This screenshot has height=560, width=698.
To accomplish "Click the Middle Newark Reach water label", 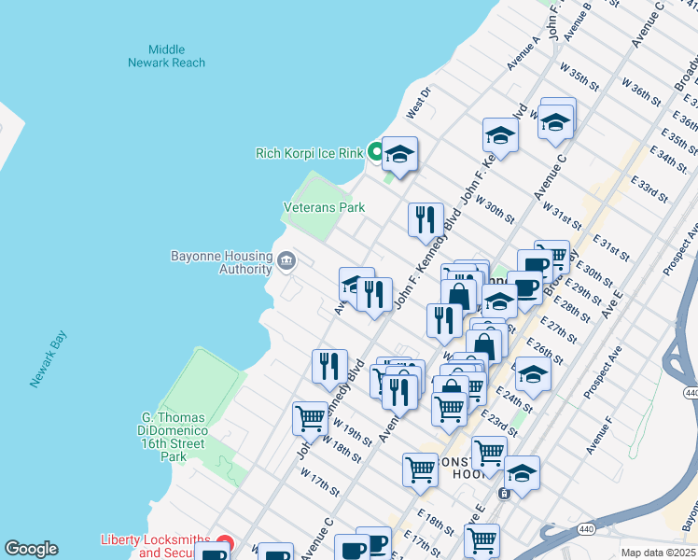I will (166, 56).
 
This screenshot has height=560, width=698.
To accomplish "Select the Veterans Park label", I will (324, 207).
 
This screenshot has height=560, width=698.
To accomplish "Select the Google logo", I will (31, 549).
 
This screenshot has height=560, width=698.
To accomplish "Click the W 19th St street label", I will (345, 432).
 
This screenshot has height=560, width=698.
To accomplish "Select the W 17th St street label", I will (320, 484).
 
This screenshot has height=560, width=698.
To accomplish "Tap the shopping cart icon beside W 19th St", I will (310, 418).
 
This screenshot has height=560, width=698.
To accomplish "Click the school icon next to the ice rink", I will (399, 154).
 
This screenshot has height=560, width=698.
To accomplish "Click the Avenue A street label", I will (523, 54).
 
